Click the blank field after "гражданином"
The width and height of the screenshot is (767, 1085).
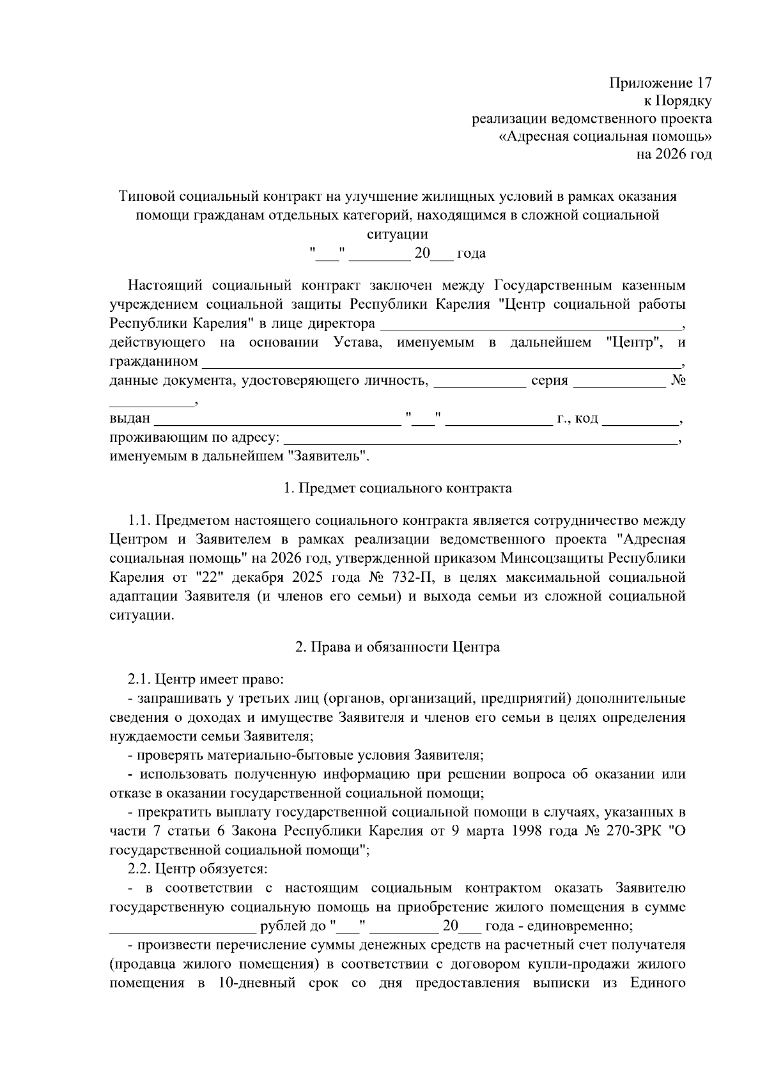click(x=441, y=363)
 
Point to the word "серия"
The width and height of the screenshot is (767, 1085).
click(x=550, y=381)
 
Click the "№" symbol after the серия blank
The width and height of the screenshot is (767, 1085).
click(x=679, y=381)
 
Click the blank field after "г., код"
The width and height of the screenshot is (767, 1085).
click(x=641, y=421)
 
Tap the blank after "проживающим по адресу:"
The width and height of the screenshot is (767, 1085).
click(x=479, y=440)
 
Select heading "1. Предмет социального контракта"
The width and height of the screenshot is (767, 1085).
click(x=398, y=488)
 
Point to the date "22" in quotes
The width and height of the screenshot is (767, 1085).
click(x=207, y=578)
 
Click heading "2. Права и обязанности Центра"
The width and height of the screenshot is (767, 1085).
click(x=398, y=647)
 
